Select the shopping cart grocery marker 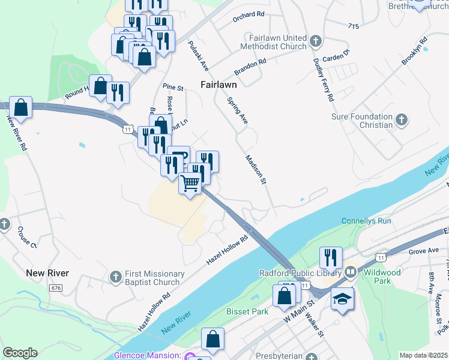190,183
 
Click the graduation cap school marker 342,298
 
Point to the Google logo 20,353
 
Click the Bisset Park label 247,311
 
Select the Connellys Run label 366,221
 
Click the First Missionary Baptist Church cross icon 116,277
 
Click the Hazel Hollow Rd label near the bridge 227,250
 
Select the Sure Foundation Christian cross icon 402,121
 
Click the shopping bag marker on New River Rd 21,107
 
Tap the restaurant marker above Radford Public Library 330,257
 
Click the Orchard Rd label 249,17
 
